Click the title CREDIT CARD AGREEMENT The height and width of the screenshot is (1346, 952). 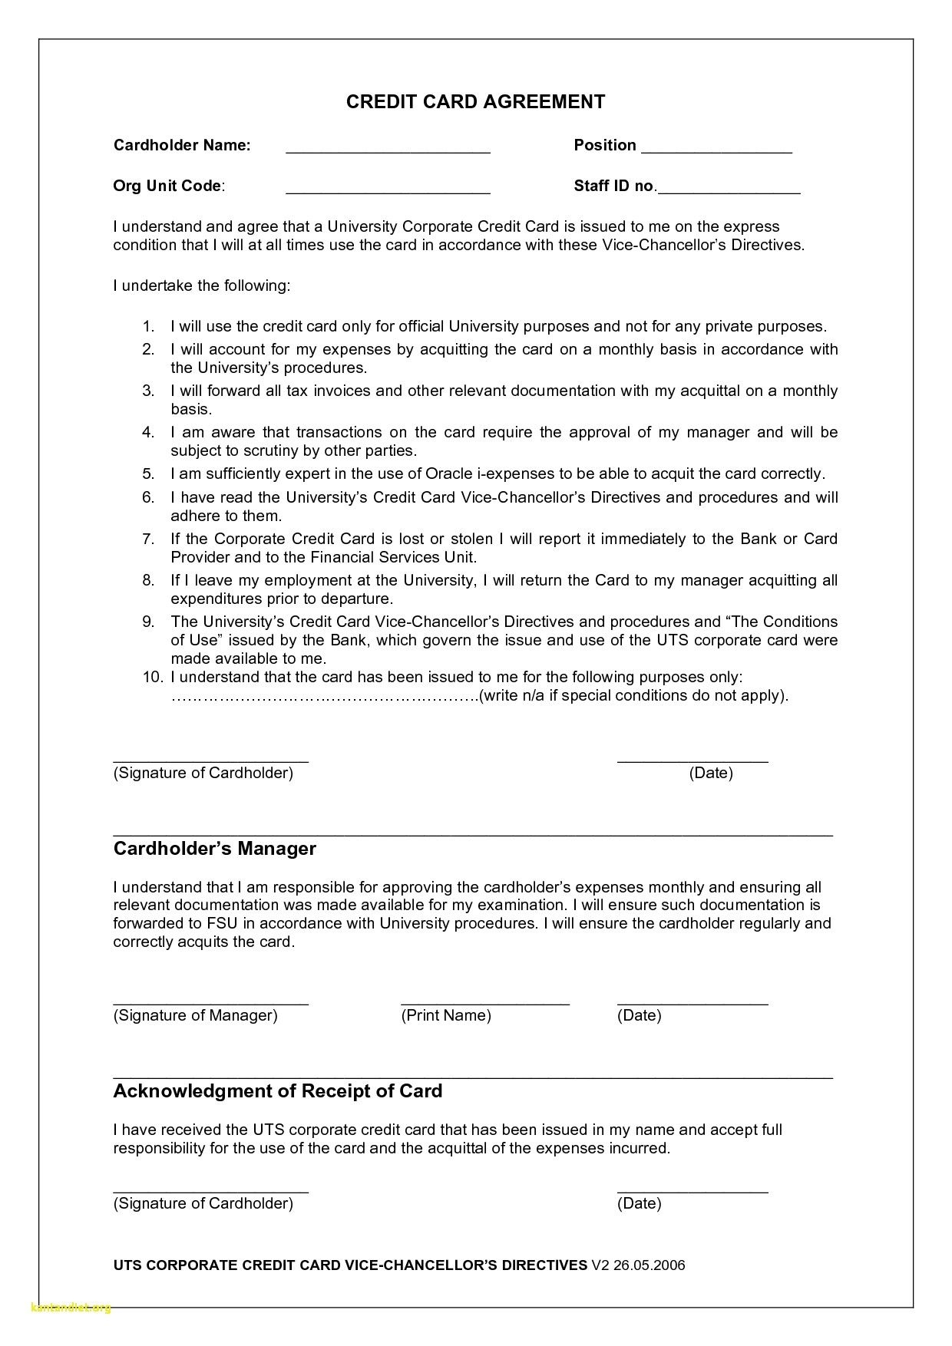[x=475, y=102]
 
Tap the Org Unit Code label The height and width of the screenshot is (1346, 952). [x=168, y=186]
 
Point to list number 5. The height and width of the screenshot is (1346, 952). [x=147, y=473]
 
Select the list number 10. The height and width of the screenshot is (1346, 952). [x=151, y=677]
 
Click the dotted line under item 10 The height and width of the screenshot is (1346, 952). [x=322, y=697]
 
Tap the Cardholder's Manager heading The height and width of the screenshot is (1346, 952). [x=215, y=849]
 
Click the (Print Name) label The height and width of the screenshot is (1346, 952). [x=446, y=1016]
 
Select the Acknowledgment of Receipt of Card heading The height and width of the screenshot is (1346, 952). [x=278, y=1091]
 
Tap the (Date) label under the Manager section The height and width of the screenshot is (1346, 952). [x=639, y=1016]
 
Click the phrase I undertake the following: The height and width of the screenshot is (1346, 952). [x=202, y=286]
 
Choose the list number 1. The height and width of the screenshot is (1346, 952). [x=147, y=326]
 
